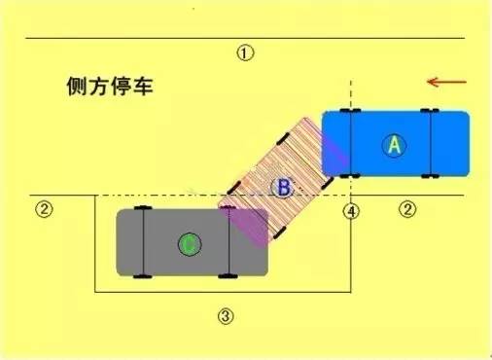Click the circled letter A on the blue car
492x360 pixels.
394,145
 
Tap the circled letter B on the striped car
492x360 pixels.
282,189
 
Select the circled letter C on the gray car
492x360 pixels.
189,243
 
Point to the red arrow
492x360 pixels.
447,81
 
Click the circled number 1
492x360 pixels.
245,54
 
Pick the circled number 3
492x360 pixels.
225,315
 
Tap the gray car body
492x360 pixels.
165,258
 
